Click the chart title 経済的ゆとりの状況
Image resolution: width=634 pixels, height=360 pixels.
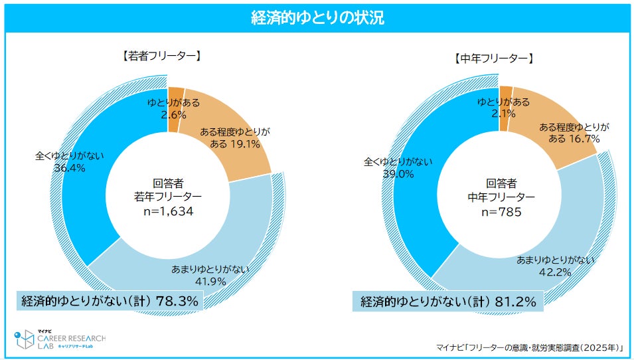(317, 17)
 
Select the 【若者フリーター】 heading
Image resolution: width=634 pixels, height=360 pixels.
(161, 57)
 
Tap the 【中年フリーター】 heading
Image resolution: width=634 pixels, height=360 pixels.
(493, 58)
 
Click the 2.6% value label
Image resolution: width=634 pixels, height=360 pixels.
(169, 114)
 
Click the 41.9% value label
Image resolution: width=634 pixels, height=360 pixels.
(210, 280)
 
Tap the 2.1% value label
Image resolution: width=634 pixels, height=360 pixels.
(503, 114)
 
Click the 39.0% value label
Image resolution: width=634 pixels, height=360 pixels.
(398, 173)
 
